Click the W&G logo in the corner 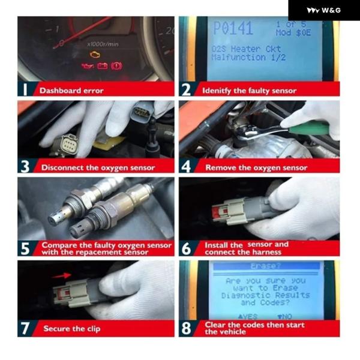click(324, 10)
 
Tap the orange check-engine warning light click(94, 55)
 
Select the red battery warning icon click(103, 66)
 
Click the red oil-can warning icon click(88, 66)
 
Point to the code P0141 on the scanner click(233, 28)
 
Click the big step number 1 click(25, 89)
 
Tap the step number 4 click(186, 166)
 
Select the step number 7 click(25, 328)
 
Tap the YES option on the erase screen click(247, 317)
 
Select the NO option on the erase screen click(284, 317)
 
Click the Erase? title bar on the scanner click(266, 266)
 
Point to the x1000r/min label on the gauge click(103, 44)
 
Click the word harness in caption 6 click(266, 252)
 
